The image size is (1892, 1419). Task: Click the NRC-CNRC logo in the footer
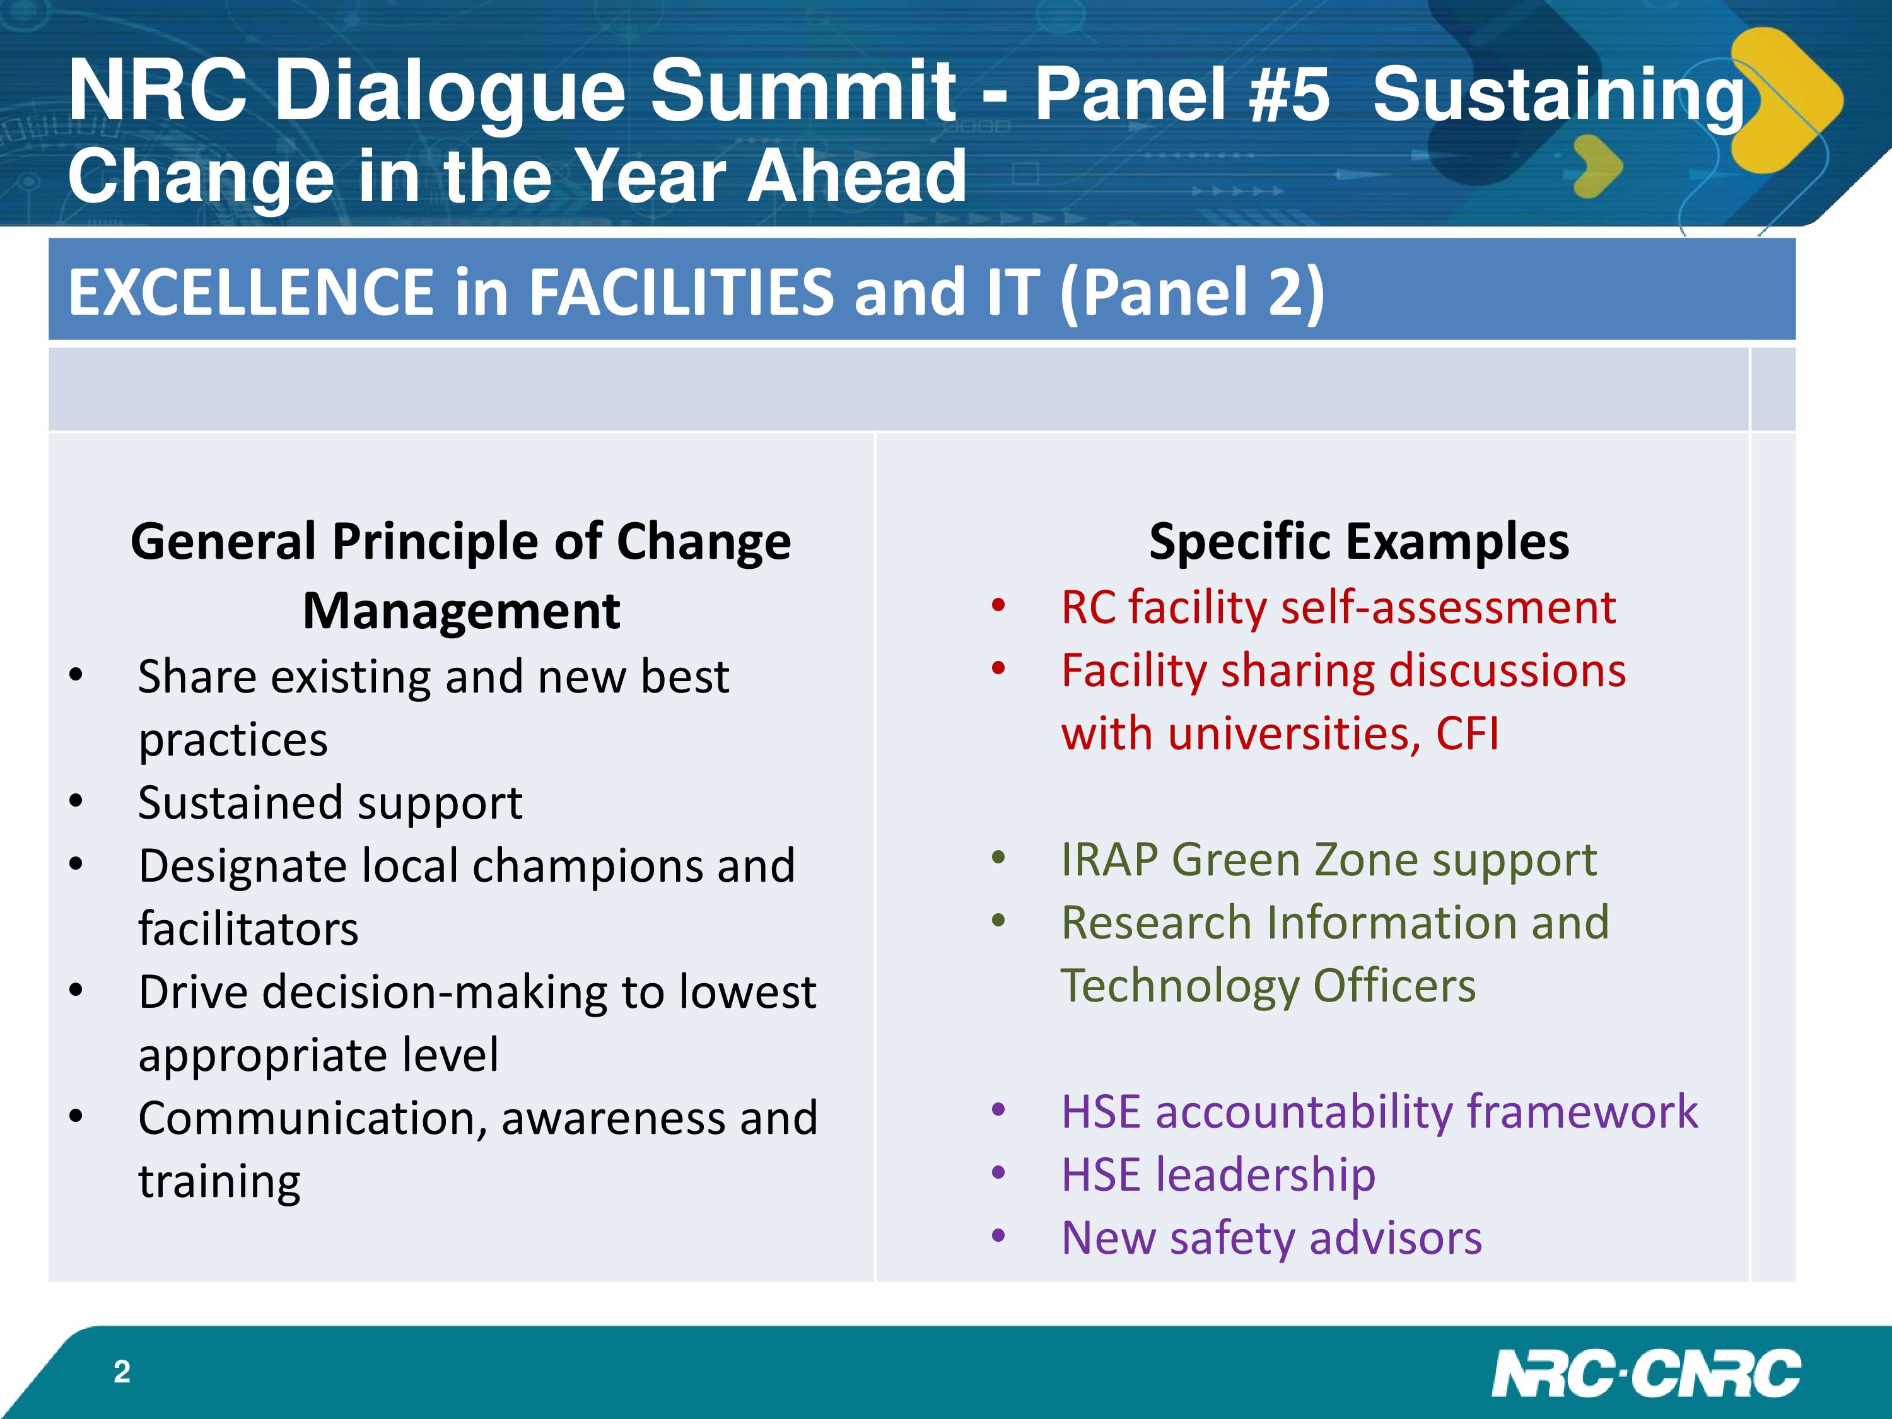pyautogui.click(x=1647, y=1374)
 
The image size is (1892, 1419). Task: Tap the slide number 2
pyautogui.click(x=122, y=1372)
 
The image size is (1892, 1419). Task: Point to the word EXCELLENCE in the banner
pyautogui.click(x=250, y=293)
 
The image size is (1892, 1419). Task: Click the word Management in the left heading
pyautogui.click(x=461, y=612)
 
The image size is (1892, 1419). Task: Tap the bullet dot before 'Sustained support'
pyautogui.click(x=77, y=802)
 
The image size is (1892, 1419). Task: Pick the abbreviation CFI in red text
pyautogui.click(x=1467, y=734)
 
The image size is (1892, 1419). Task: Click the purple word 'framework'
pyautogui.click(x=1582, y=1112)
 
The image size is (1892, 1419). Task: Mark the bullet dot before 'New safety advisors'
pyautogui.click(x=998, y=1236)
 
